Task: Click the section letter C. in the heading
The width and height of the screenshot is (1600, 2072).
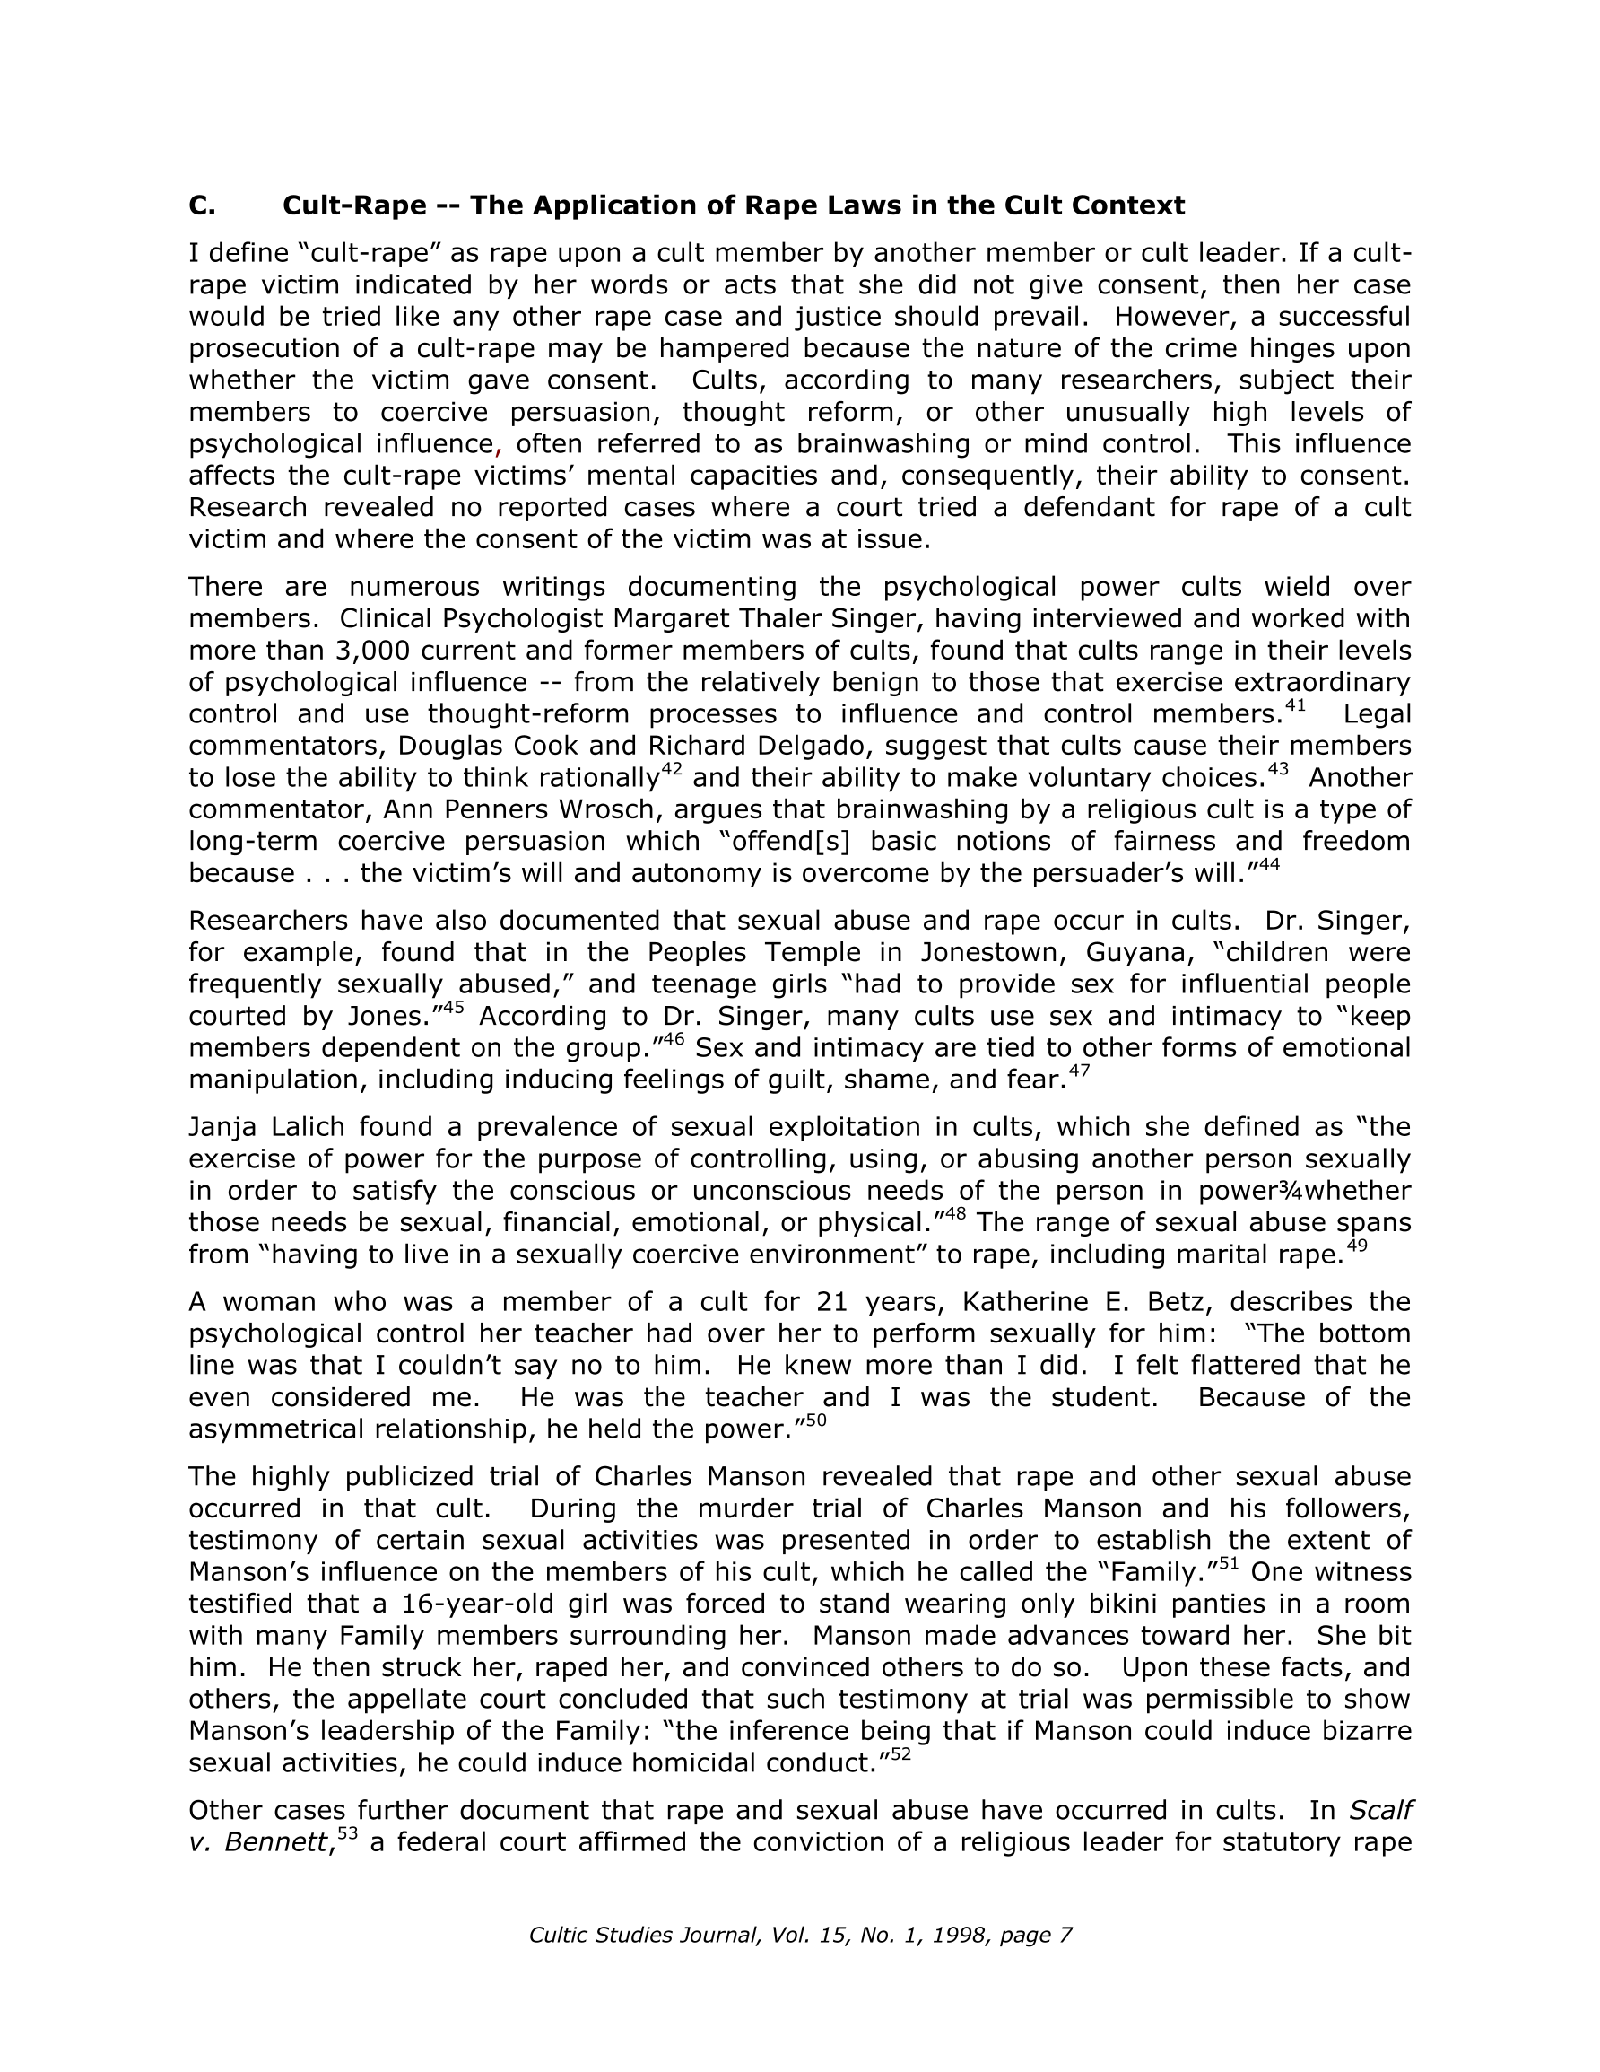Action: tap(202, 205)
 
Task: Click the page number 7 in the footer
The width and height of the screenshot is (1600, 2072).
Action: tap(1066, 1936)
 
